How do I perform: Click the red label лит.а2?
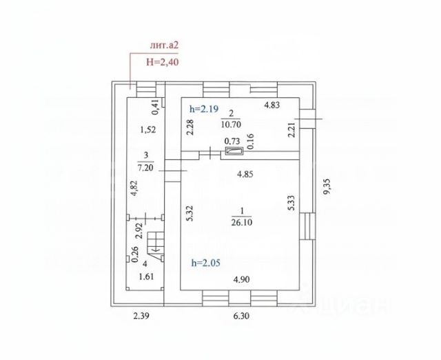pos(164,46)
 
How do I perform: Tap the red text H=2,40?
pos(163,62)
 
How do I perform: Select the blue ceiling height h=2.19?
pos(204,108)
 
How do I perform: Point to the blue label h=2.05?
pos(205,263)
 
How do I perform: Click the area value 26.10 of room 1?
pos(242,222)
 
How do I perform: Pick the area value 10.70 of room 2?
pos(231,124)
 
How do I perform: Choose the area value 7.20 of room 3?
pos(146,168)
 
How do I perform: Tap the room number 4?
pos(145,263)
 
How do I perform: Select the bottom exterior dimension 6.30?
pos(241,316)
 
